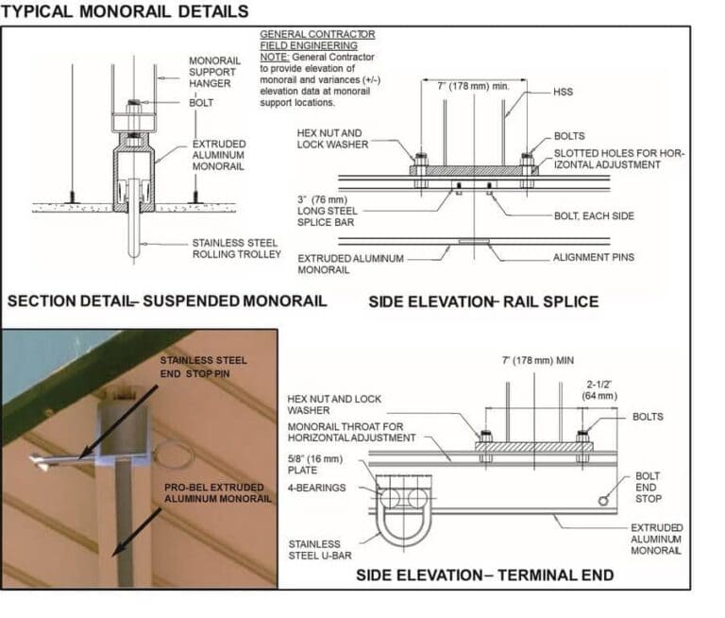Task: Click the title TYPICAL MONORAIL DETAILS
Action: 126,11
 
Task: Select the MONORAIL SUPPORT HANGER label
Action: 213,72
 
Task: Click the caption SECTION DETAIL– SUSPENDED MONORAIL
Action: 167,301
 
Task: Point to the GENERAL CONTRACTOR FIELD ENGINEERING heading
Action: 316,40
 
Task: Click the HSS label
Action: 564,92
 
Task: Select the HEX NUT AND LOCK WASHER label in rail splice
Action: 330,139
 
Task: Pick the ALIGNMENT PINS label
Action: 594,256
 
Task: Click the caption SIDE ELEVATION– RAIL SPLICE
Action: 482,301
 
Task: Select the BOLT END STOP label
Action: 648,487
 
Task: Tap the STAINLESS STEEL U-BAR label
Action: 315,550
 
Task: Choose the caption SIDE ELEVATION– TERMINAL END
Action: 484,575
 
